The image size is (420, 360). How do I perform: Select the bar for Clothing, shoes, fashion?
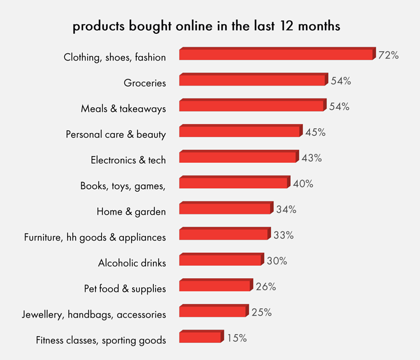(276, 54)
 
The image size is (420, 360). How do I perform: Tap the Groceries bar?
(252, 79)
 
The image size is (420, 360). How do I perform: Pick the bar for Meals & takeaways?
(252, 106)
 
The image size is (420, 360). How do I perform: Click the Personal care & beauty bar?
(239, 131)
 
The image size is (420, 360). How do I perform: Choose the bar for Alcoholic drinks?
(220, 259)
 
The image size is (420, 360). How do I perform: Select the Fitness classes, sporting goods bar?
(200, 337)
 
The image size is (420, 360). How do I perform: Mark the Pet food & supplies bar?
(214, 286)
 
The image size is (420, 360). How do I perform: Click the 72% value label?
(388, 55)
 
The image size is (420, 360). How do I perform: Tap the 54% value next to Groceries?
(341, 81)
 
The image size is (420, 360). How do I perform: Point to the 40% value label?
(303, 184)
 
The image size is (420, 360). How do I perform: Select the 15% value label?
(236, 338)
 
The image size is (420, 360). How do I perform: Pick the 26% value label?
(266, 287)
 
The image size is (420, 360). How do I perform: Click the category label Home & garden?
(131, 212)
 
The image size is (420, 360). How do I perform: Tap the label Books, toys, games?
(123, 186)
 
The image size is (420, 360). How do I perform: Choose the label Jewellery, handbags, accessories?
(94, 314)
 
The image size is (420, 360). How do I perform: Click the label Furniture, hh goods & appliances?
(95, 237)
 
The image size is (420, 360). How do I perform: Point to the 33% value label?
(283, 235)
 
